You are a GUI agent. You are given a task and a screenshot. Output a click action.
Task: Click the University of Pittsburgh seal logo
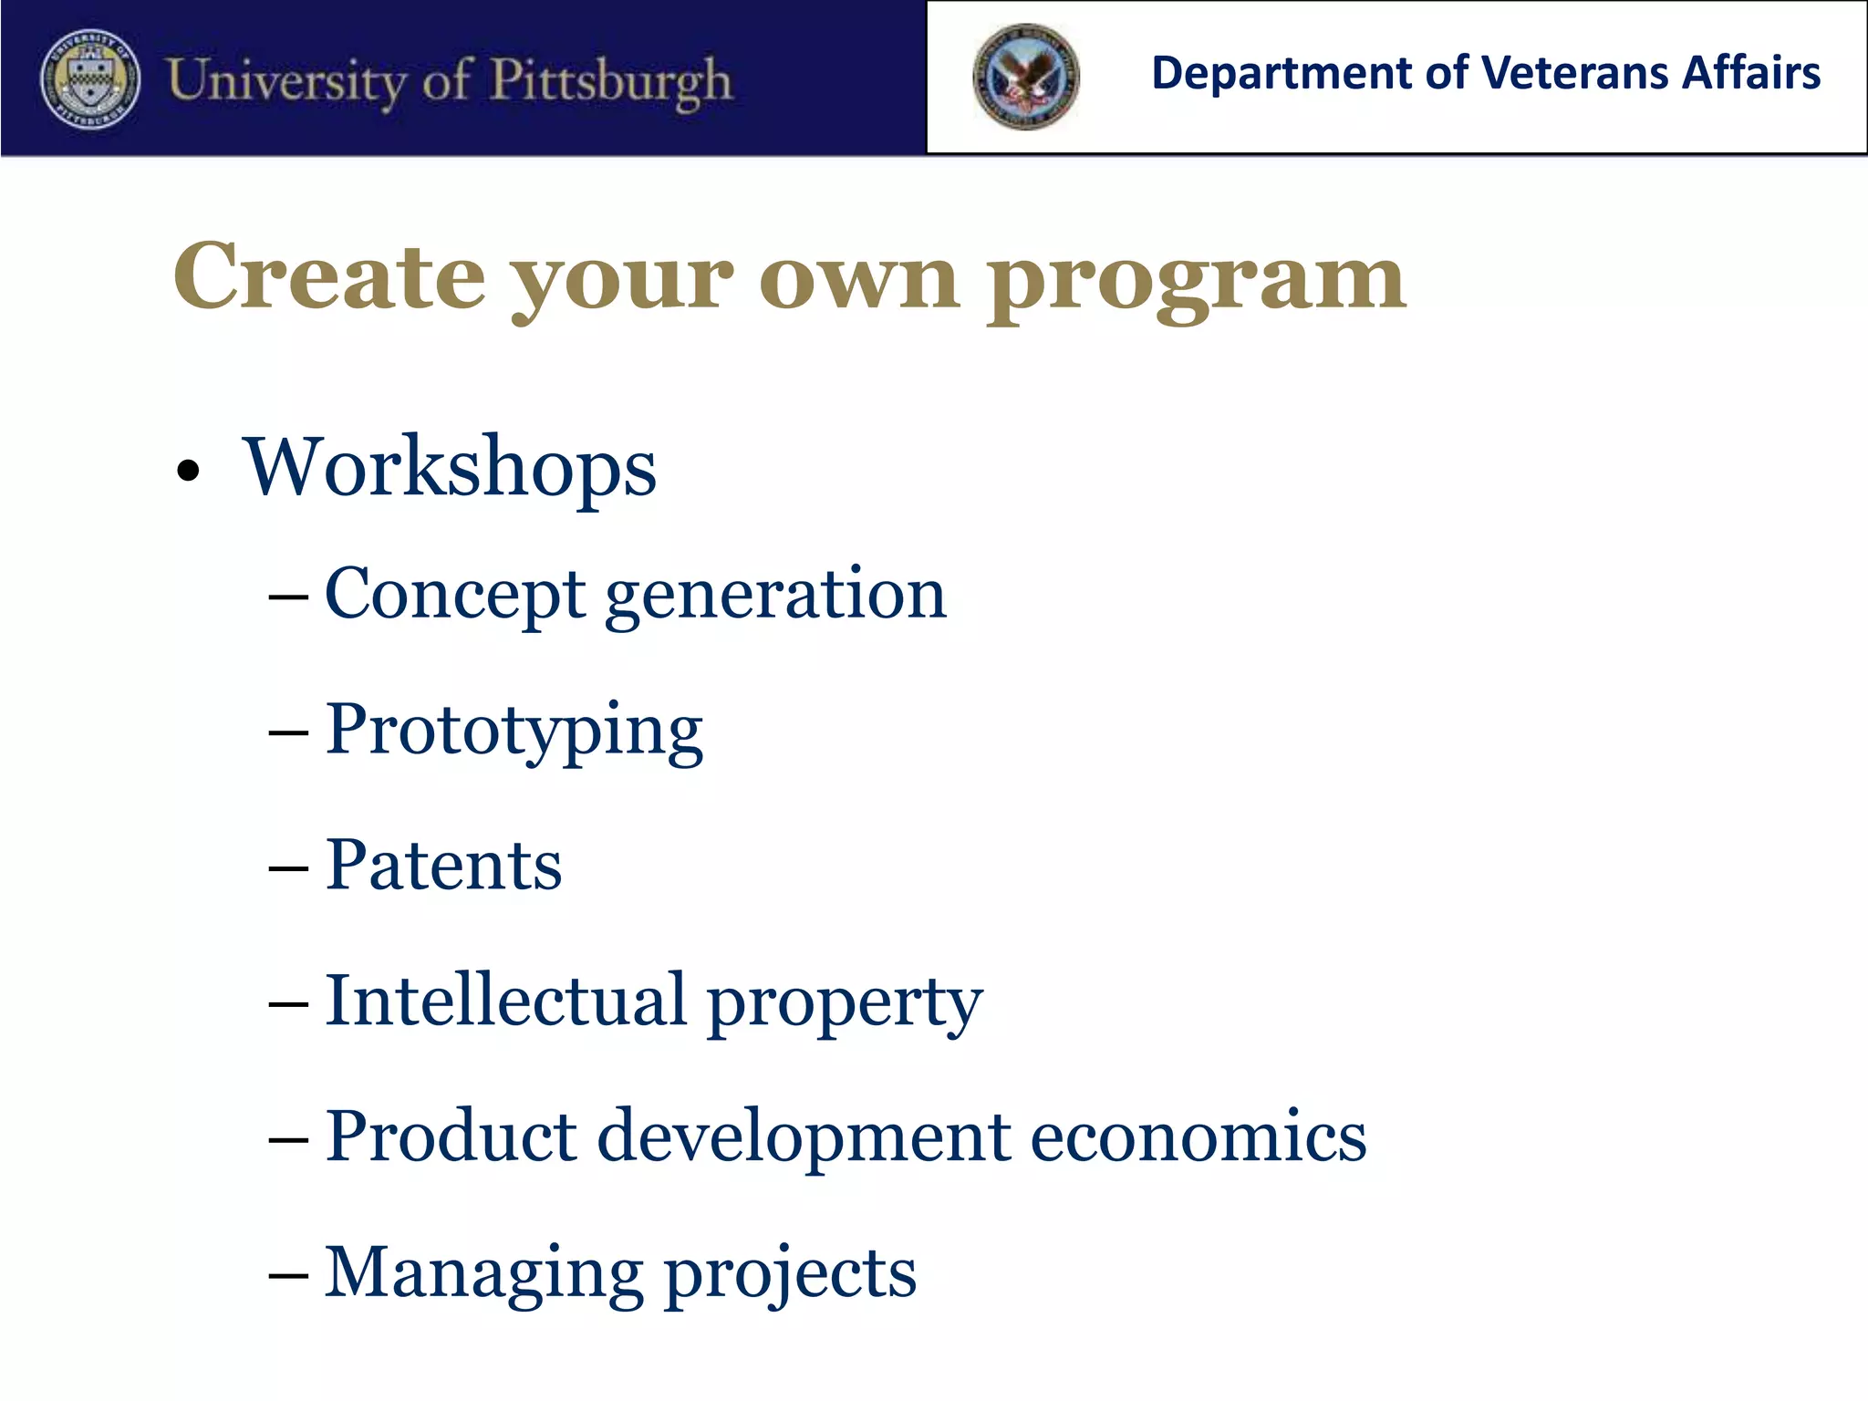coord(90,79)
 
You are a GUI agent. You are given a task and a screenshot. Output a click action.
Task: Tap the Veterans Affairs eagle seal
coord(1026,77)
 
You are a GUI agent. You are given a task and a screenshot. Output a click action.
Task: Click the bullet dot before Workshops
coord(188,472)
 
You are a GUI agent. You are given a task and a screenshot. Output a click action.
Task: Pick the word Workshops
coord(449,468)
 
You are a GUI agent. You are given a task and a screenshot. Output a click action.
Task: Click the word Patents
coord(443,865)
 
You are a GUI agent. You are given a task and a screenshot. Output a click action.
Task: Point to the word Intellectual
coord(505,1001)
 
